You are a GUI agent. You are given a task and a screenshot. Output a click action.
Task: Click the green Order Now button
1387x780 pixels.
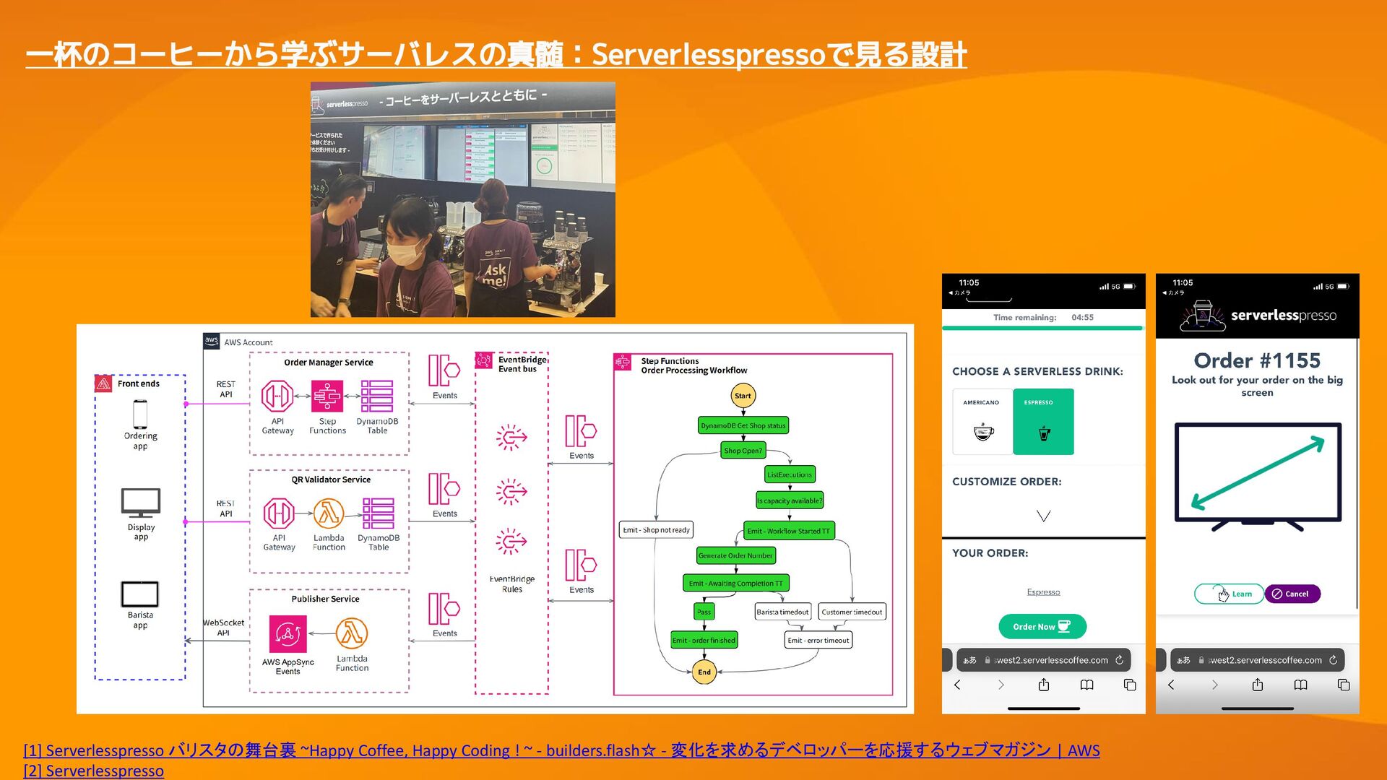1042,626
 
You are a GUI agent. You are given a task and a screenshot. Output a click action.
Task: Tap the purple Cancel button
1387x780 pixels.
1292,594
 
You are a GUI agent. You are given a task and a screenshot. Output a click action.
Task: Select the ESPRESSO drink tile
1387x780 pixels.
1043,422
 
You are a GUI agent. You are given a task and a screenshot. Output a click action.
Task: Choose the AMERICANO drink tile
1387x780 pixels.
982,422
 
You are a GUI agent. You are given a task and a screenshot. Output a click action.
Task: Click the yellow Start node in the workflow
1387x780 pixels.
743,396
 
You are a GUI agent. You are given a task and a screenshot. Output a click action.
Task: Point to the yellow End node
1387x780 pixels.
704,672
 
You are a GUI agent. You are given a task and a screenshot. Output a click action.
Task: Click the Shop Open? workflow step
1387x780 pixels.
743,451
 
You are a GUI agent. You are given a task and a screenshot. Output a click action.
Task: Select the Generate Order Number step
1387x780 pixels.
735,555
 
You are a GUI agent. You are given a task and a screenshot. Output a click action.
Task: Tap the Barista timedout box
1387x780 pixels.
782,612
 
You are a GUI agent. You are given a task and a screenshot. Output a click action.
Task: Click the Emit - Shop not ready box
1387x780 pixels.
656,530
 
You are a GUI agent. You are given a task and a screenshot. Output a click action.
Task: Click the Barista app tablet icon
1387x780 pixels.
140,594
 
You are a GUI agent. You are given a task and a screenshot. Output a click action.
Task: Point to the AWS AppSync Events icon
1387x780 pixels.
288,634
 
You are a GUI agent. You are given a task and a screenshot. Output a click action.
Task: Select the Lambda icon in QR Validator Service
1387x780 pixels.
329,513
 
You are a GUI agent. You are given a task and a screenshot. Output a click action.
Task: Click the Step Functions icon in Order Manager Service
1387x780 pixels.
327,396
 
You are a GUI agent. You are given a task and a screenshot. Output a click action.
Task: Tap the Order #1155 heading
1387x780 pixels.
1257,360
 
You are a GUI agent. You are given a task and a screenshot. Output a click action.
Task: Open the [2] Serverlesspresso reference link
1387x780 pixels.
94,771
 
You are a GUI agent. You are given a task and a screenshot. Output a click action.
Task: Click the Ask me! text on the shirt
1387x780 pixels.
495,274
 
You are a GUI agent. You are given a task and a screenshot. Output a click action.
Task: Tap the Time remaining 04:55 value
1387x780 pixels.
1082,318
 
